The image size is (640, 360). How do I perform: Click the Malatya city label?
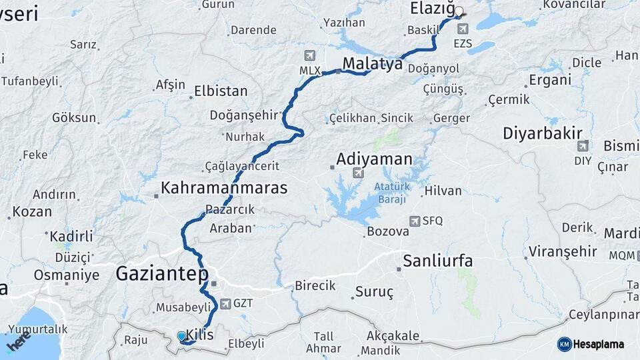click(373, 64)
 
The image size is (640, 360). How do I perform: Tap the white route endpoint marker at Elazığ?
click(459, 11)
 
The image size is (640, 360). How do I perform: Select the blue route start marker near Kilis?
click(181, 336)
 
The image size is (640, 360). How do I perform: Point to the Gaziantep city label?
click(162, 273)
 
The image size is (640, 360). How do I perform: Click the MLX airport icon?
click(309, 55)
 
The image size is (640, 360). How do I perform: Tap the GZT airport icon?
click(225, 303)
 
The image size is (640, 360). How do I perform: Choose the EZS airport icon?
click(463, 29)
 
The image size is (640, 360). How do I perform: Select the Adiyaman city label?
click(374, 159)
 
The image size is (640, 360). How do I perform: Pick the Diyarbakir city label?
click(543, 133)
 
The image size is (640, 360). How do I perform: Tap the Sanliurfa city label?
click(437, 261)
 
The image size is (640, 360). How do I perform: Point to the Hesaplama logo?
click(591, 344)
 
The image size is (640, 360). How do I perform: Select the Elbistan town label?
click(221, 91)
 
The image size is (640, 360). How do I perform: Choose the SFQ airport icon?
click(415, 221)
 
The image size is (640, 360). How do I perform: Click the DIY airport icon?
click(583, 146)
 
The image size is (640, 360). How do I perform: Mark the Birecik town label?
click(315, 285)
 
